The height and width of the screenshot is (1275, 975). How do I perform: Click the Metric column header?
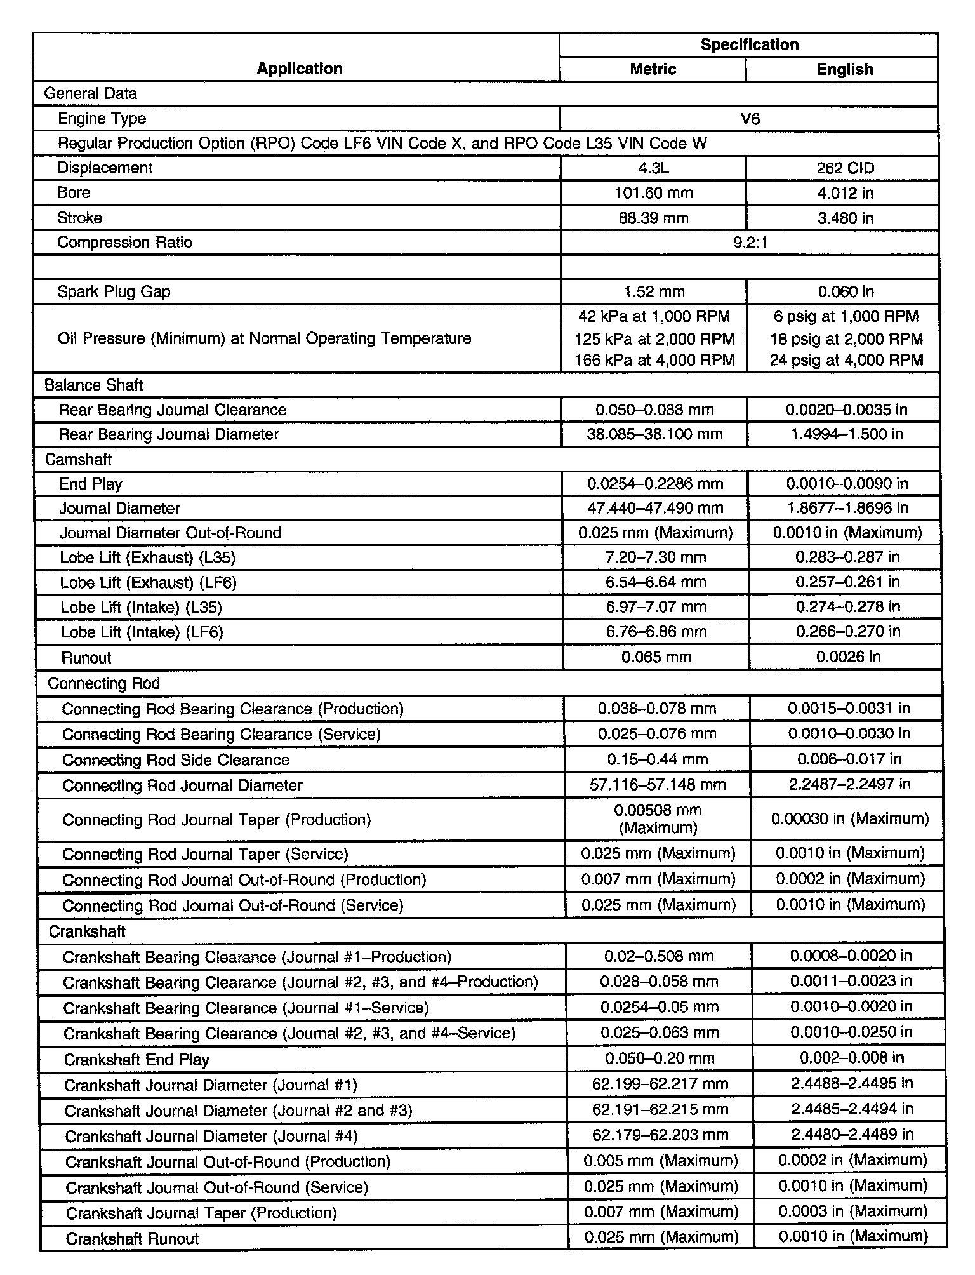pos(653,69)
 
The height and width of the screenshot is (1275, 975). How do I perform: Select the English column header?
pos(844,69)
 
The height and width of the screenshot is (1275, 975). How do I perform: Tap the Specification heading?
pos(749,44)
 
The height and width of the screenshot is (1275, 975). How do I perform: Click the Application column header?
pos(299,69)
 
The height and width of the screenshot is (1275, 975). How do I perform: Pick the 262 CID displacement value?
pos(845,168)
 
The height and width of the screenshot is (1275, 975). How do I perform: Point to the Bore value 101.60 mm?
pos(654,193)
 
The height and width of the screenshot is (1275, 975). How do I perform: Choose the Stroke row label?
pos(80,218)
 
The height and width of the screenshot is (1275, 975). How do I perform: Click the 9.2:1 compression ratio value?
pos(750,243)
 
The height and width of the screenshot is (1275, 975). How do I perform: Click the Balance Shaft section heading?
pos(93,385)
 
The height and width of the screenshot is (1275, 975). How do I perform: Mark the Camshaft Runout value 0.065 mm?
pos(656,657)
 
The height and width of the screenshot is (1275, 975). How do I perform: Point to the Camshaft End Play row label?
pos(91,484)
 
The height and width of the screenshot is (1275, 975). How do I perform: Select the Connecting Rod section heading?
pos(103,683)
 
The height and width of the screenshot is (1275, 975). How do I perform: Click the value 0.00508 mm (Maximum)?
pos(658,819)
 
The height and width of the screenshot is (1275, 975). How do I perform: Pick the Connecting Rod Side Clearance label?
pos(176,760)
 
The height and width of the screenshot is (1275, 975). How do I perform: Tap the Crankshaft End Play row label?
pos(136,1060)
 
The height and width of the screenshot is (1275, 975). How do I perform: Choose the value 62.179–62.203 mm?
pos(660,1135)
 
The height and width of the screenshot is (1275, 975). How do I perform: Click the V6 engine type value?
pos(750,119)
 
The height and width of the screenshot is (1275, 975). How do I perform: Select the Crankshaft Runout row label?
pos(132,1239)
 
